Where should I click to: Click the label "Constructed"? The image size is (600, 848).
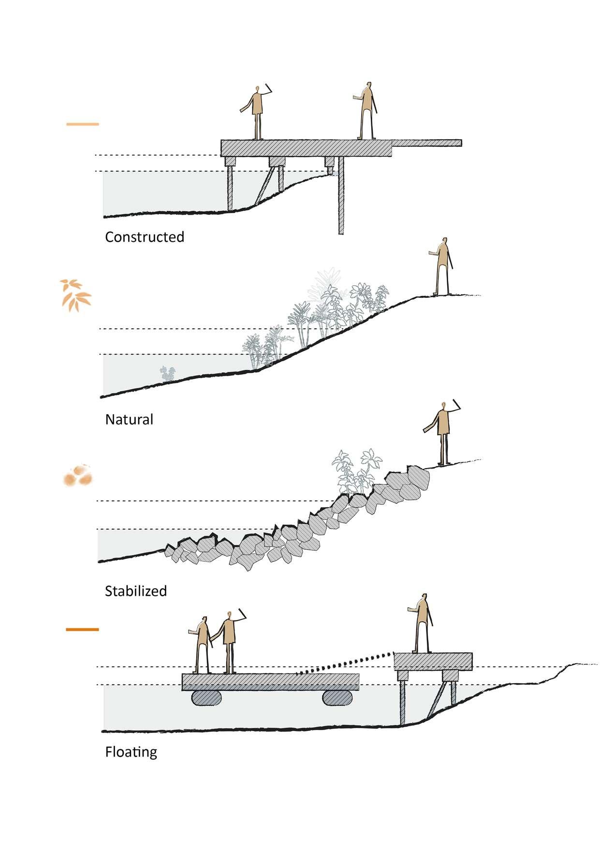145,237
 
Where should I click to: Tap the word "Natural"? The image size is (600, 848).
129,419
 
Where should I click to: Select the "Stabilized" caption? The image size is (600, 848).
136,591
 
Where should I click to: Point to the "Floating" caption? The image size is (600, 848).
131,752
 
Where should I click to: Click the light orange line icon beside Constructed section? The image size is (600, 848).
82,124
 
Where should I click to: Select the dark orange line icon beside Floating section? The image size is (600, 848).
82,629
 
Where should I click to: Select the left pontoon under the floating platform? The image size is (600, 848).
207,698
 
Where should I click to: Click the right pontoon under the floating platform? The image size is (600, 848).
338,698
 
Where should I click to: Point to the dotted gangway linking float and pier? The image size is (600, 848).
343,664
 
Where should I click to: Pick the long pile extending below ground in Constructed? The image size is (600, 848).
341,198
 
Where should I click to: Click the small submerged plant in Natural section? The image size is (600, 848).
168,373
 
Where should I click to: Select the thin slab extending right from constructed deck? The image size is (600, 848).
426,143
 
